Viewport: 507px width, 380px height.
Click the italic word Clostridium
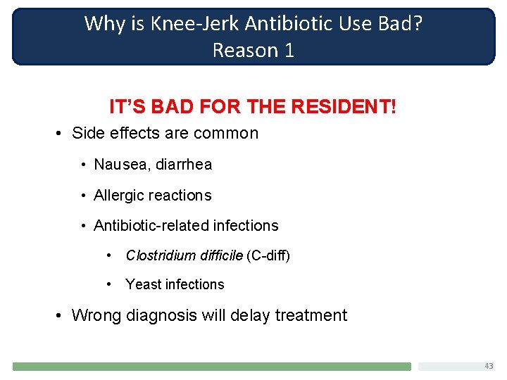(160, 255)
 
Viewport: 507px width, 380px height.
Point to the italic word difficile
(220, 255)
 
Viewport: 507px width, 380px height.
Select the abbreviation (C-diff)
(268, 255)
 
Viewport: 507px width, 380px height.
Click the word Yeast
(142, 284)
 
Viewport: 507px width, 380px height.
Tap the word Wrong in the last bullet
(96, 315)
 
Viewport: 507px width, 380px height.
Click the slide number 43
(489, 366)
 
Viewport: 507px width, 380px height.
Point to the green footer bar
(211, 367)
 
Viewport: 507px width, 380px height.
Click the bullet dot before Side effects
(62, 134)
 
